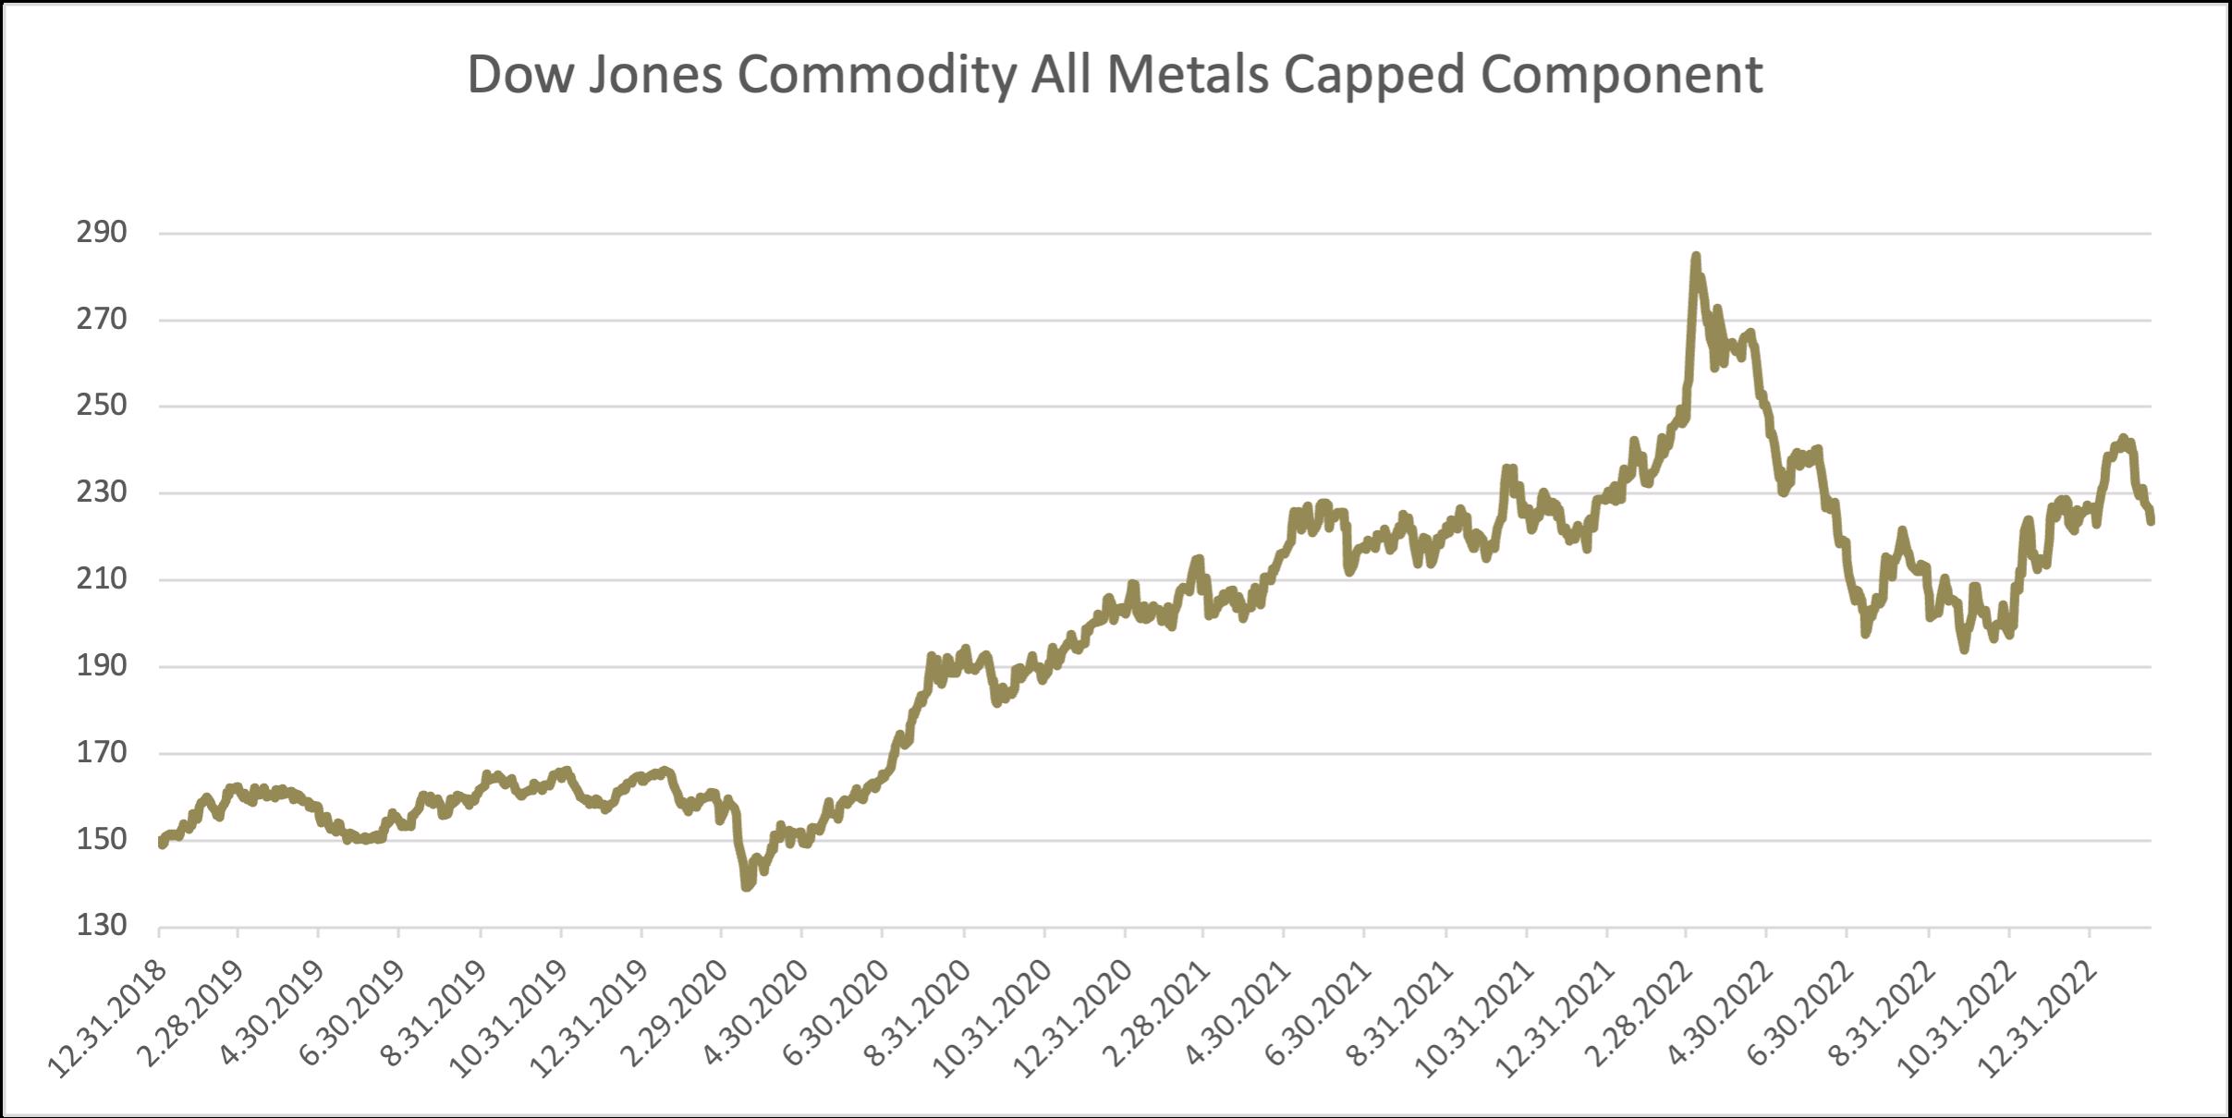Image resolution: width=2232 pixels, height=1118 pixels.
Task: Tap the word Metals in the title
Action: [x=1188, y=74]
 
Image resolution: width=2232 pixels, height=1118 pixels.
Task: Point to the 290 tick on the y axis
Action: [x=102, y=234]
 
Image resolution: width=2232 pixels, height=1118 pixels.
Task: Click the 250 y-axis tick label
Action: [x=102, y=407]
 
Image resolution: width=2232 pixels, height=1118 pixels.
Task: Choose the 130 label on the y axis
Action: [x=102, y=926]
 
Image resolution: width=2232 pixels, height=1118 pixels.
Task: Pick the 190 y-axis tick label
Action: [x=102, y=666]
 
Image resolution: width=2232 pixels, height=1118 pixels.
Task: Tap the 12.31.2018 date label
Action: [x=109, y=1012]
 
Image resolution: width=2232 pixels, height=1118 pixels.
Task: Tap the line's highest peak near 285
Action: [x=1695, y=256]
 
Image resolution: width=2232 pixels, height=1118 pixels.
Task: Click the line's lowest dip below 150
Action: [x=746, y=887]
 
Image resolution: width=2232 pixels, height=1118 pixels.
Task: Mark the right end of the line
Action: [x=2152, y=521]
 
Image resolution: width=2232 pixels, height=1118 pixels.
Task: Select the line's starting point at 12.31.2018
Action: [x=162, y=844]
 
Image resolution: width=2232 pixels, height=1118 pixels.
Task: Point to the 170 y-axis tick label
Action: [x=102, y=753]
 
